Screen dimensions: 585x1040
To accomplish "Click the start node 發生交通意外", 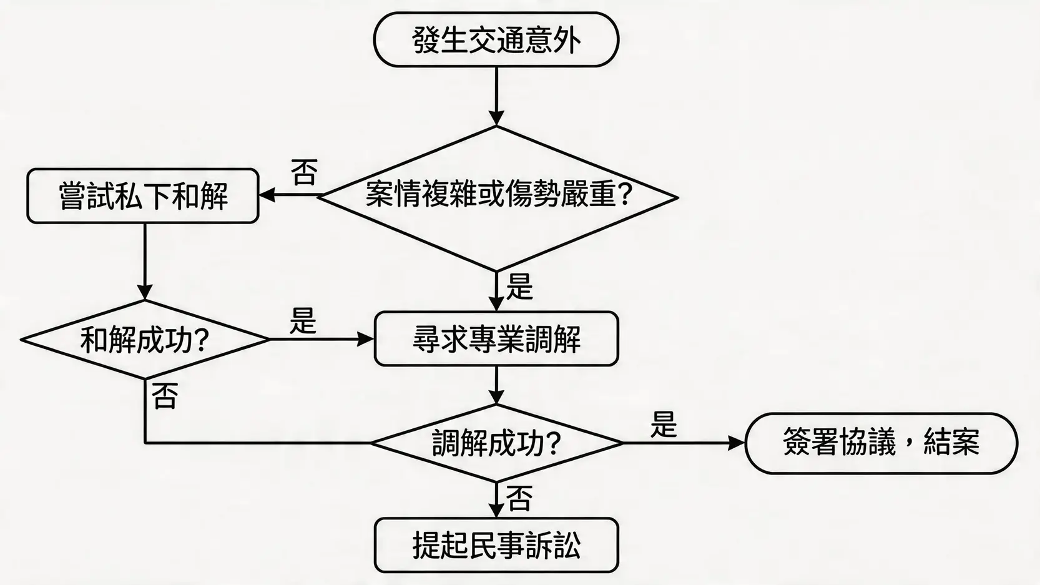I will [x=496, y=39].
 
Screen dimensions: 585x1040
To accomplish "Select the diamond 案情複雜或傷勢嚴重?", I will [x=497, y=197].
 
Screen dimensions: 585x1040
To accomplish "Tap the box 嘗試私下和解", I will [x=143, y=196].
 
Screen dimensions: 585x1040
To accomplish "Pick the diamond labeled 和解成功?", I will [x=144, y=340].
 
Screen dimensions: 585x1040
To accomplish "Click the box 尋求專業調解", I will [x=496, y=339].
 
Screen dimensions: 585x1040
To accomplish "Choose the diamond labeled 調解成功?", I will [x=496, y=443].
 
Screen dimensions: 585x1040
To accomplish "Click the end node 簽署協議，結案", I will [x=880, y=443].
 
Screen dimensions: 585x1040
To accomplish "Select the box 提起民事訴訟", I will [x=496, y=545].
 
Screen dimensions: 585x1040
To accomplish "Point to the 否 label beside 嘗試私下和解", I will [x=304, y=172].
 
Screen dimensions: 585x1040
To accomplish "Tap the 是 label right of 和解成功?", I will [x=303, y=322].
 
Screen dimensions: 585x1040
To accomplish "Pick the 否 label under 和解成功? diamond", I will [x=165, y=396].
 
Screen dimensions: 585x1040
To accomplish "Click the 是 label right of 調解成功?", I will [x=663, y=425].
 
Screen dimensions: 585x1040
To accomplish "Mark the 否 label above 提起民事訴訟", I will [x=519, y=499].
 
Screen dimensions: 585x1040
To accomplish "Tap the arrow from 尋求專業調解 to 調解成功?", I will [x=496, y=383].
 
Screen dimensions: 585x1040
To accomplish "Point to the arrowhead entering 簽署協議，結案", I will [x=737, y=443].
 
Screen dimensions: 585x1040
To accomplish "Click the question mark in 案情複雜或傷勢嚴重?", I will [x=624, y=195].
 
